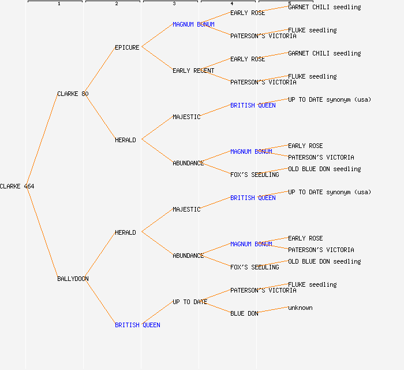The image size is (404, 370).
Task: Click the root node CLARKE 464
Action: click(x=17, y=186)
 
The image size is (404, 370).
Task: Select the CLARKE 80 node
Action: click(x=73, y=94)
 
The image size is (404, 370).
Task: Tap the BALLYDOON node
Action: click(x=73, y=279)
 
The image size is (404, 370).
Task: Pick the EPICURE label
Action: click(x=127, y=47)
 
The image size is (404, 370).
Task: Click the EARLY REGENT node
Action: click(x=193, y=71)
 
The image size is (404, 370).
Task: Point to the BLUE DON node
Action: click(x=244, y=313)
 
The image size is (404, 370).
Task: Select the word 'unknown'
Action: click(x=300, y=308)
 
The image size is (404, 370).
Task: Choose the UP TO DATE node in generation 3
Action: click(x=190, y=302)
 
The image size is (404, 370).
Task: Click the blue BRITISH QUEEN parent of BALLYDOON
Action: click(x=137, y=325)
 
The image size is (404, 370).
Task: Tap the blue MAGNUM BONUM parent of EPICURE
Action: click(x=193, y=24)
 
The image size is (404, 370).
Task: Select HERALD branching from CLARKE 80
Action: click(x=125, y=140)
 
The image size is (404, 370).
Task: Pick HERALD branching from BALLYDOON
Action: click(x=125, y=232)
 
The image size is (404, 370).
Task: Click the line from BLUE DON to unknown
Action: click(x=273, y=310)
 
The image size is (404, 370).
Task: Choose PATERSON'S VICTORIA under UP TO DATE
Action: click(x=263, y=290)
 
